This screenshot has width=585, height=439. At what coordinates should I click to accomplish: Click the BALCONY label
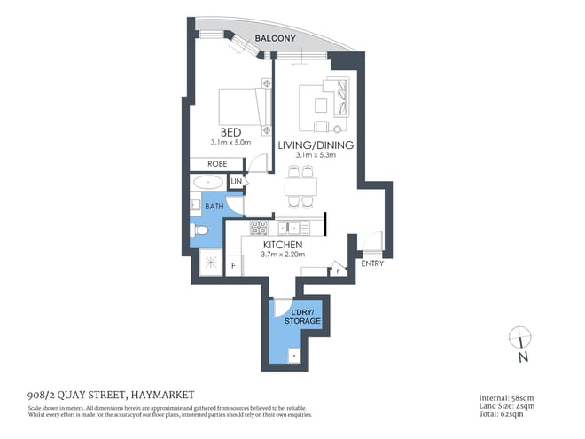tap(276, 39)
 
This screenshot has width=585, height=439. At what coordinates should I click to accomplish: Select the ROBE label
tap(217, 164)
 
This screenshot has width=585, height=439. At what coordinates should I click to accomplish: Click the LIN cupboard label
tap(237, 182)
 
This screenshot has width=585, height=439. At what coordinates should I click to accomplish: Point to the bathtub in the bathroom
tap(208, 182)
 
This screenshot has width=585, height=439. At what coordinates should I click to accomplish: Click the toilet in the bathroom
tap(199, 231)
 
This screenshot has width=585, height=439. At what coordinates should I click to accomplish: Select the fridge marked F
tap(234, 264)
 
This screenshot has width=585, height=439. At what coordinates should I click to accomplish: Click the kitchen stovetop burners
tap(259, 227)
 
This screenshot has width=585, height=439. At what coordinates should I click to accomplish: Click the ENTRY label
tap(372, 263)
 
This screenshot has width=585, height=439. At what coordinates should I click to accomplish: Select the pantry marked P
tap(337, 270)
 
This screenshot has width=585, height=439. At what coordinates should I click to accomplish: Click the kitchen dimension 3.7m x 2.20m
tap(283, 255)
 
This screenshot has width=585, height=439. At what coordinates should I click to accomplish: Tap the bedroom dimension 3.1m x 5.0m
tap(231, 142)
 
